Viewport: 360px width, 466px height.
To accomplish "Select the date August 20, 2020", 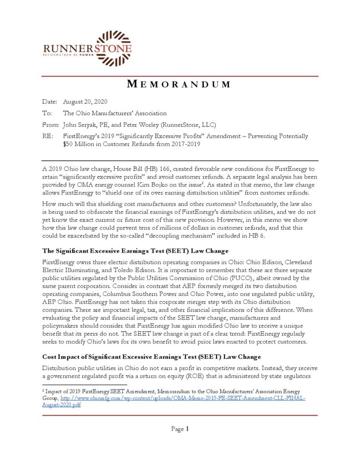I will (x=85, y=101).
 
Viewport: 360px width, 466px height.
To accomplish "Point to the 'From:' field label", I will (x=50, y=124).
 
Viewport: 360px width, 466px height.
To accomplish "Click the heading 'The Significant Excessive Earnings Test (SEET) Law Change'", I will (x=136, y=251).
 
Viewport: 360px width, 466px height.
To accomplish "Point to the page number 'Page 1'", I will (x=180, y=429).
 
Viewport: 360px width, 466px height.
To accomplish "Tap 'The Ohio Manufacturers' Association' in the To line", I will (x=115, y=113).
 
